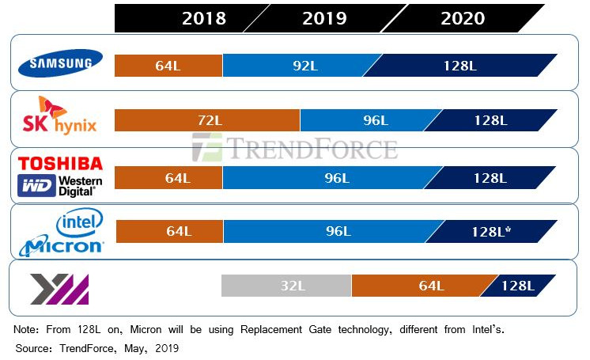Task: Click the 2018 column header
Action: (203, 18)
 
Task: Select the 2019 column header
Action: (324, 18)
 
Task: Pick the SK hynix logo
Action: (61, 117)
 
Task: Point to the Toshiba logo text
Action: (61, 164)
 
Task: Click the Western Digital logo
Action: (61, 185)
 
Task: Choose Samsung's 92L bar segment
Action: (303, 65)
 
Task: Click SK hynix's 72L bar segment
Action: (207, 120)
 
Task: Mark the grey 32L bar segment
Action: (286, 286)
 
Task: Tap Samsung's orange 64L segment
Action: (169, 65)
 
